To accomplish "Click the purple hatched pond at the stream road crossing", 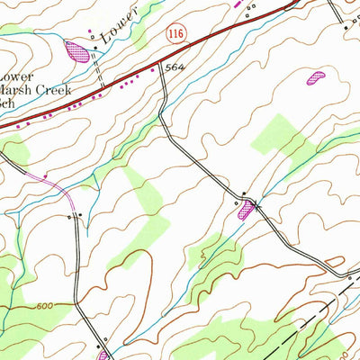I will pyautogui.click(x=245, y=211).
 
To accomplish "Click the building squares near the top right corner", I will pyautogui.click(x=346, y=27).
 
